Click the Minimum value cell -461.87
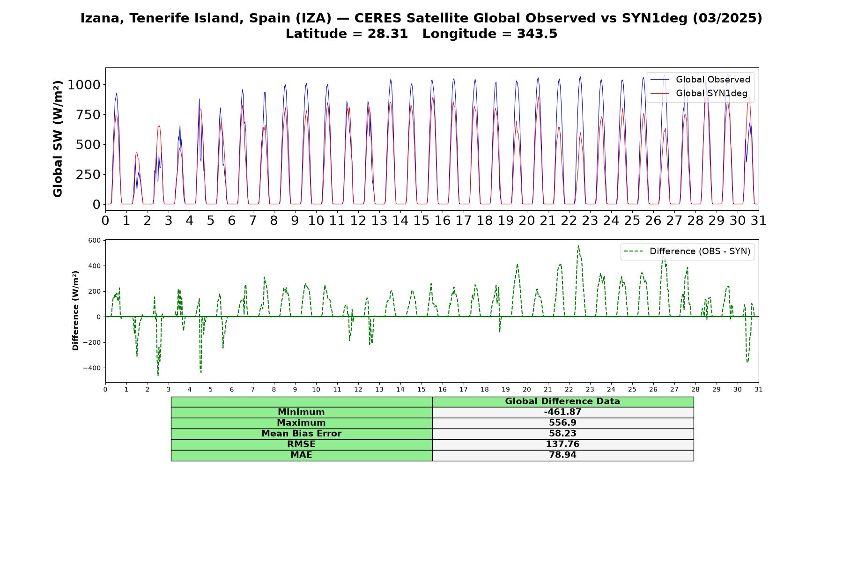pos(562,412)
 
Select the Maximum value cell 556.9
pos(562,423)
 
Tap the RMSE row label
pos(301,444)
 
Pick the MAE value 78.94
pos(562,455)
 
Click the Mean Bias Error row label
pos(301,434)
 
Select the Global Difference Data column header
pos(562,401)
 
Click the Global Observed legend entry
pos(700,80)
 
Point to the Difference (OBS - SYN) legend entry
pos(687,251)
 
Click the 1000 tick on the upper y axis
pos(84,85)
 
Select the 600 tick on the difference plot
pos(95,240)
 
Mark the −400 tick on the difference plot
pos(92,368)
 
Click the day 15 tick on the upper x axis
pos(421,220)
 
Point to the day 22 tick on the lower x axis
pos(569,389)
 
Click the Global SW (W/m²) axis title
pos(58,139)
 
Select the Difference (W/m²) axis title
pos(75,311)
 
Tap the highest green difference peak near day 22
pos(578,245)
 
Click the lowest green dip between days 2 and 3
pos(158,376)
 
